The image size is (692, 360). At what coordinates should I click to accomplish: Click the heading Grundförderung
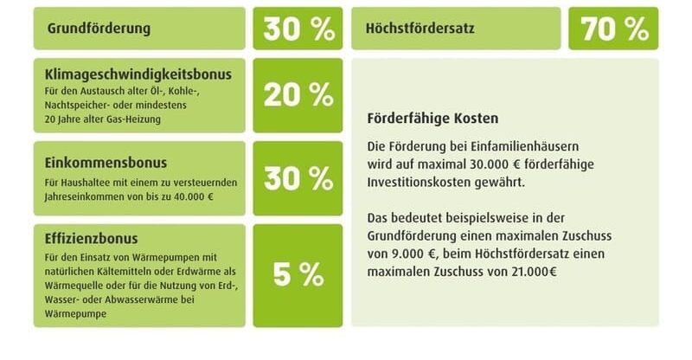99,28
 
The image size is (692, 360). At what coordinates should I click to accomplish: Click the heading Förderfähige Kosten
432,117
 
